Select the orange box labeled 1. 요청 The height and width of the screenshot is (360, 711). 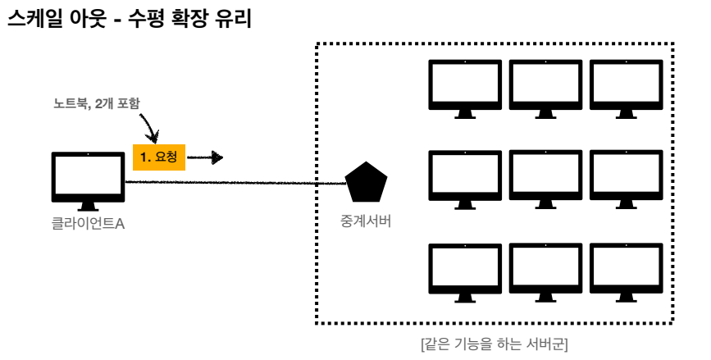(159, 156)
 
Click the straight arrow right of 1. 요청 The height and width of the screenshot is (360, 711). (205, 157)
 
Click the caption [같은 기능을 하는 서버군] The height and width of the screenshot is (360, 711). (495, 344)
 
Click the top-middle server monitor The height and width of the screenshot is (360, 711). (545, 82)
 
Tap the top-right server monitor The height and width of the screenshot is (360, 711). (626, 82)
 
